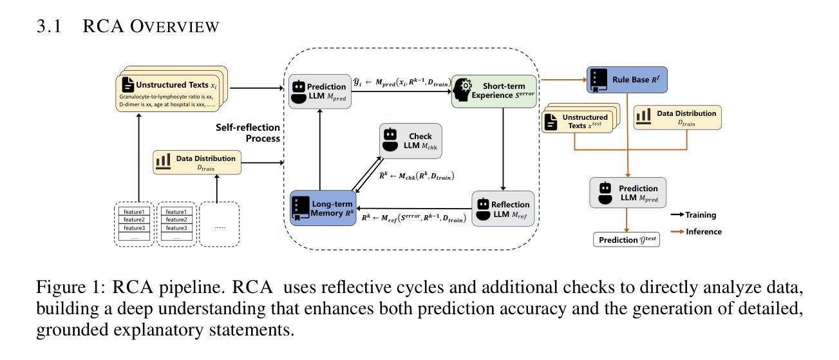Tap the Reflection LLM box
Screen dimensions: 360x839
(x=503, y=209)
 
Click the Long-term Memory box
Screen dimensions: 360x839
(x=323, y=208)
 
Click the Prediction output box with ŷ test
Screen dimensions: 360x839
(x=627, y=240)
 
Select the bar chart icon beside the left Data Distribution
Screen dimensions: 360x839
(x=162, y=161)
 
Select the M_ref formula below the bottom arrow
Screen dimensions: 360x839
(x=413, y=219)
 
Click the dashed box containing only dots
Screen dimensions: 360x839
(x=220, y=224)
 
